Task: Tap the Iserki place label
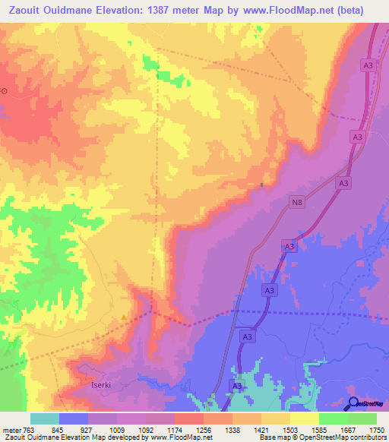point(95,385)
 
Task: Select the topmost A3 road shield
point(368,66)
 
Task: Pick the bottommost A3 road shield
point(236,387)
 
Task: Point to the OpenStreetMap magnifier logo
point(353,403)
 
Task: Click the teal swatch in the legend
point(45,418)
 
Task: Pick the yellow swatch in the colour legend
point(304,418)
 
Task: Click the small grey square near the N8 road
point(262,184)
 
